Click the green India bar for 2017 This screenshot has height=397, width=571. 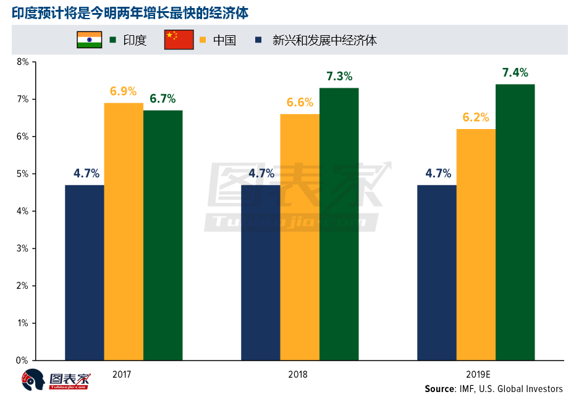point(163,235)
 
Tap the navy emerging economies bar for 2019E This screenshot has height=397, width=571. point(437,272)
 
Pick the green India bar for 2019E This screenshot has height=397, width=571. point(515,222)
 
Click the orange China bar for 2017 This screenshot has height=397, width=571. point(124,231)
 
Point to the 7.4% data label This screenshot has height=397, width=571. point(515,73)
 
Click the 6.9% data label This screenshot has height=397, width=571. point(123,91)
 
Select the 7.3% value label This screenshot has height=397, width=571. point(339,77)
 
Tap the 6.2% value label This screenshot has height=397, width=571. point(476,117)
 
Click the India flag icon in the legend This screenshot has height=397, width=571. point(89,40)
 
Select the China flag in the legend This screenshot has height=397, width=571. point(179,40)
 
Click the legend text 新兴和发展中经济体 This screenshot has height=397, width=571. point(324,41)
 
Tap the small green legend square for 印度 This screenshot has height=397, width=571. point(112,41)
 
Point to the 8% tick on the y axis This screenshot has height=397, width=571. point(23,62)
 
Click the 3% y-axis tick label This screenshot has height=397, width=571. point(23,248)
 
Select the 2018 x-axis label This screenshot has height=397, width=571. point(297,375)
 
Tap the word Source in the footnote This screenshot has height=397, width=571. point(439,389)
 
